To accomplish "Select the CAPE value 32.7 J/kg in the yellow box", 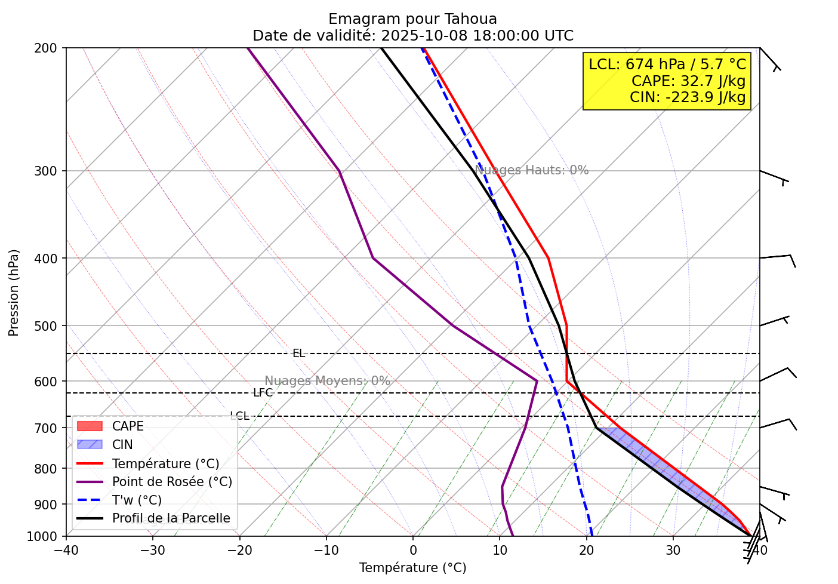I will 713,81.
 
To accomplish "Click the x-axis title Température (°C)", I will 412,568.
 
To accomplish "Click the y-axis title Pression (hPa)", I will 14,293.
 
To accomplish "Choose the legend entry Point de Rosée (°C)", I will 172,482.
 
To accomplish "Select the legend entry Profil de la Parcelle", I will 171,518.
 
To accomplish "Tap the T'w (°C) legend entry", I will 137,500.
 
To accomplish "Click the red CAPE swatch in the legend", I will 90,426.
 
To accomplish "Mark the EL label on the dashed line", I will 298,354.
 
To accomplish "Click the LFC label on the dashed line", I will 263,393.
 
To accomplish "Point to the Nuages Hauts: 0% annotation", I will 532,170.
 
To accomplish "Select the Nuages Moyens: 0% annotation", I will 327,381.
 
